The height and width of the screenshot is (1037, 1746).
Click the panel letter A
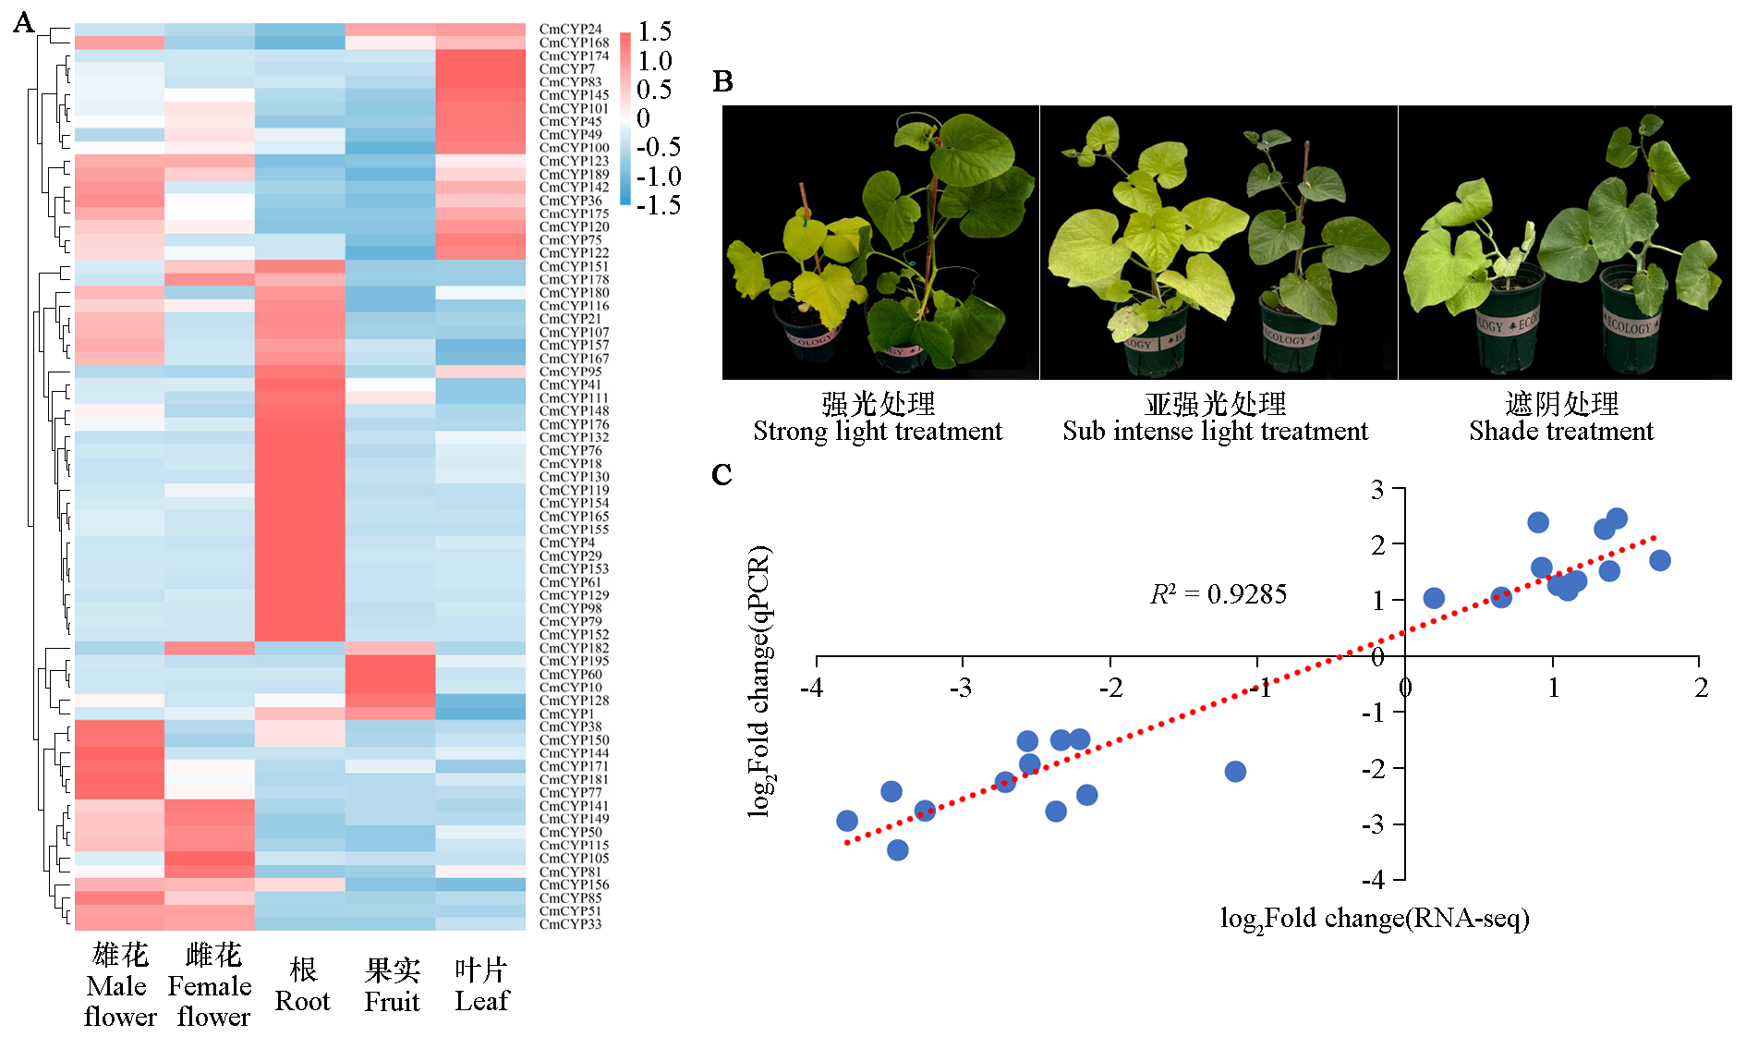click(x=23, y=23)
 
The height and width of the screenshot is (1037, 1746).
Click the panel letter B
click(x=722, y=81)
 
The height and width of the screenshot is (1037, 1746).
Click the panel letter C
click(x=721, y=474)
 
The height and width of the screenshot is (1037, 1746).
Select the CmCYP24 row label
click(x=570, y=30)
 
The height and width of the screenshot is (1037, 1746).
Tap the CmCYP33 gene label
click(x=570, y=924)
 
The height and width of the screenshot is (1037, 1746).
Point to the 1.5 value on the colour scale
click(x=654, y=31)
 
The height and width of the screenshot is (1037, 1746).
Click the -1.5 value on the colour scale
click(x=658, y=204)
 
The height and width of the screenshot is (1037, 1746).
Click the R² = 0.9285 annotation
click(x=1218, y=594)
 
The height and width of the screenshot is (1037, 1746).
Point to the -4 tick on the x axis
click(x=811, y=688)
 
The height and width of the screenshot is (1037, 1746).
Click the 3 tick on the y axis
click(x=1377, y=489)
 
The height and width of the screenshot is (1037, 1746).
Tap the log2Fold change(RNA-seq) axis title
click(x=1375, y=918)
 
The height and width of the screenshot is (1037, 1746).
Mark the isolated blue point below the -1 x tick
click(x=1235, y=771)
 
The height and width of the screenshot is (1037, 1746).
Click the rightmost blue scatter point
click(x=1659, y=560)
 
